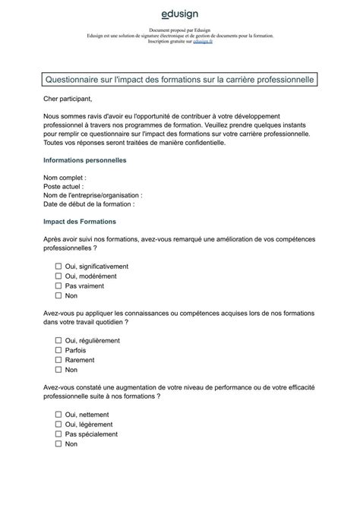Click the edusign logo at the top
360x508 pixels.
coord(180,14)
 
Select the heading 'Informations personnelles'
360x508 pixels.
coord(85,160)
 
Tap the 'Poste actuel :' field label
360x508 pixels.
coord(64,186)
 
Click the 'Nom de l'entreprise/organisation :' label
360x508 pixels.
coord(93,195)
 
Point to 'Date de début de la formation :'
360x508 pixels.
coord(89,204)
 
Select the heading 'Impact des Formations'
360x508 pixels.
coord(80,221)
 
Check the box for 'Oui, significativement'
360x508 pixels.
coord(58,267)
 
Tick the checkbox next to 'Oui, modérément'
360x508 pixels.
coord(58,276)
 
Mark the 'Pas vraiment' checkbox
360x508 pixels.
coord(58,286)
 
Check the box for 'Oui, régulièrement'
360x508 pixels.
coord(58,341)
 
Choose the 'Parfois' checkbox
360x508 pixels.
coord(58,350)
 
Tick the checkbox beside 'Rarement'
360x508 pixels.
coord(58,360)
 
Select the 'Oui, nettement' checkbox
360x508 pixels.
coord(58,415)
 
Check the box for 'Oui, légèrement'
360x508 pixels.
coord(58,424)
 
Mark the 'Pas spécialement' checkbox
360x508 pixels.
coord(58,434)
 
